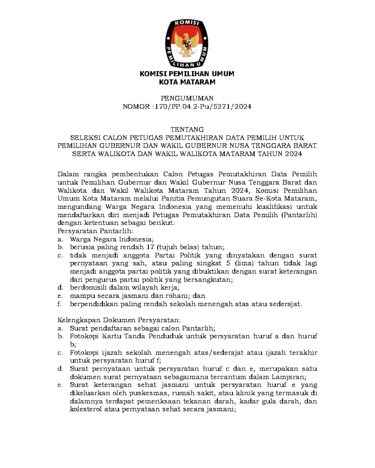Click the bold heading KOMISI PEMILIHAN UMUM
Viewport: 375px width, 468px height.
click(x=187, y=74)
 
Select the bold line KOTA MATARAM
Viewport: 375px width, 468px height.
click(x=187, y=82)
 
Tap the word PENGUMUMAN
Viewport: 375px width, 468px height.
click(x=187, y=98)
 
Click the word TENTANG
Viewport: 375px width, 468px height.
click(x=187, y=130)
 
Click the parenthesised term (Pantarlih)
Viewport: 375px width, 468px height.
click(x=299, y=215)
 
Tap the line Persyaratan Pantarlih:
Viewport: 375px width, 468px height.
click(x=95, y=231)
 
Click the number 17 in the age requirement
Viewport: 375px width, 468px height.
click(x=150, y=247)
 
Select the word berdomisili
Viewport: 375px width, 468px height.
click(x=88, y=287)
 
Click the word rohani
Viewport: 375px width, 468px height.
click(x=173, y=296)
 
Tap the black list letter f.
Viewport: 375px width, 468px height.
click(x=59, y=304)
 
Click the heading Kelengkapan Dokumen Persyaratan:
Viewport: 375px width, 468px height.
click(x=119, y=320)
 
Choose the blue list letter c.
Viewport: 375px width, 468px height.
click(x=60, y=353)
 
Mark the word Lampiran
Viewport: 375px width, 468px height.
click(x=288, y=377)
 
